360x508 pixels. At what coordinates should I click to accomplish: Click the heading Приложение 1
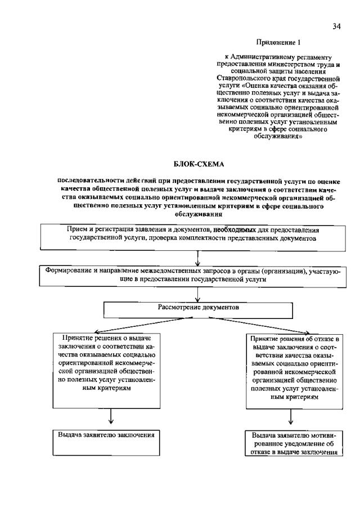tap(279, 42)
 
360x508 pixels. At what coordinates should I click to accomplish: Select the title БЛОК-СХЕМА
tap(198, 164)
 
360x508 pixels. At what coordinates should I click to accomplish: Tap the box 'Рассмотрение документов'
tap(198, 309)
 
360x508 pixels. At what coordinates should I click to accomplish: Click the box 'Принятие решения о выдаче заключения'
tap(106, 368)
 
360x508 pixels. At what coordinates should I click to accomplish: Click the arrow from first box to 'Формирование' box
tap(198, 257)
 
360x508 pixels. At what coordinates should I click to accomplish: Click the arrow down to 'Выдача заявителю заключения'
tap(111, 418)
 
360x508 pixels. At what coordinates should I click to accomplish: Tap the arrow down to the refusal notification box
tap(291, 418)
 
